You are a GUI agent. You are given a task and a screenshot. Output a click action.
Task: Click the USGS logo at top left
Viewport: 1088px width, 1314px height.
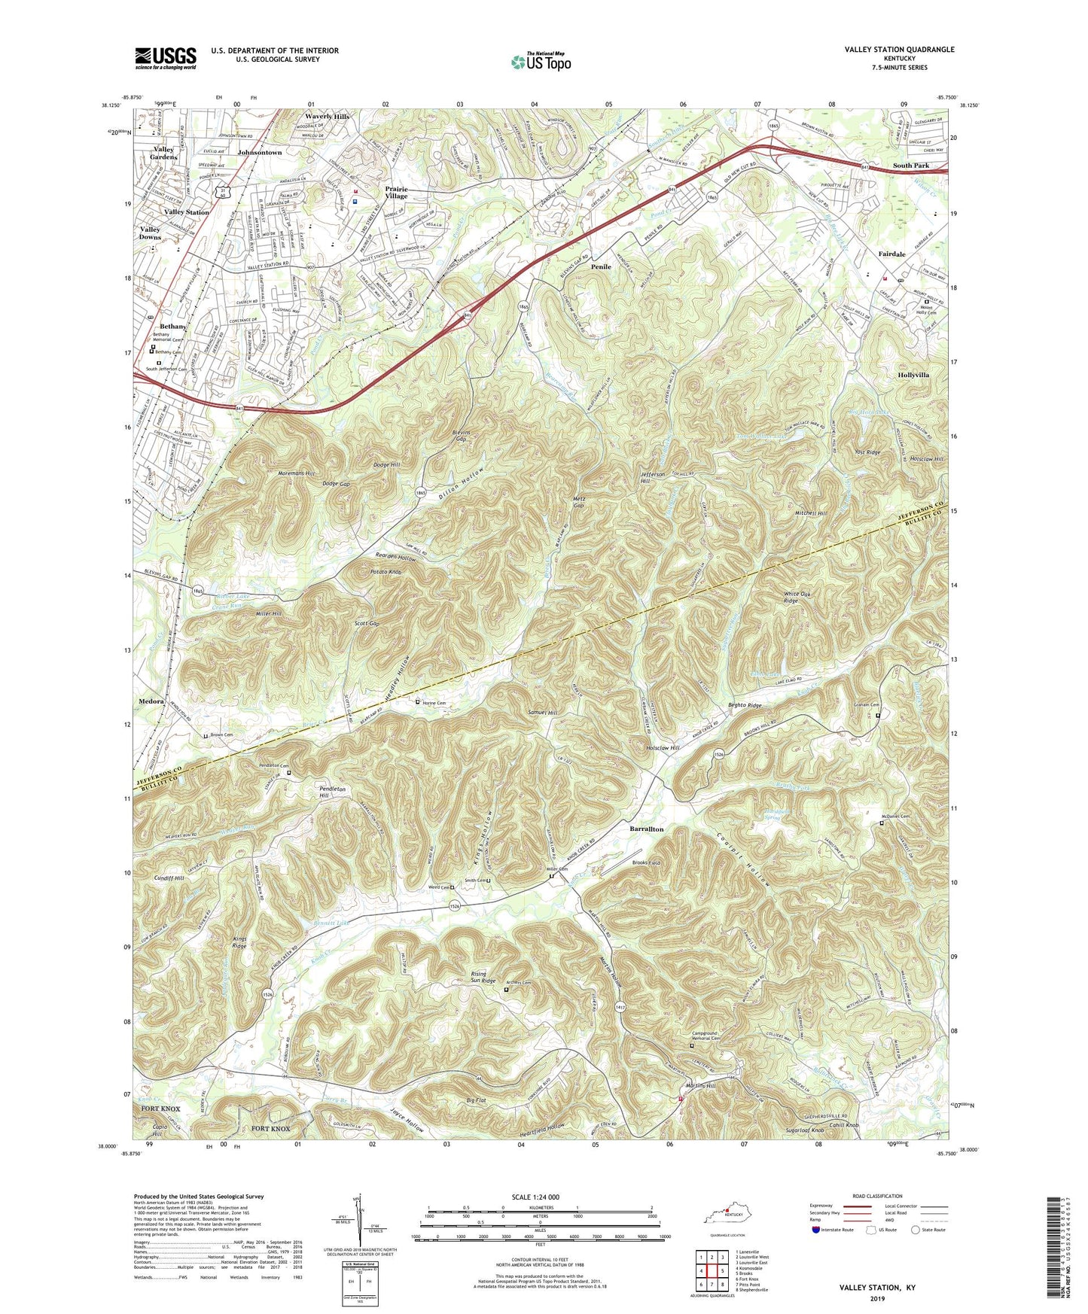click(166, 58)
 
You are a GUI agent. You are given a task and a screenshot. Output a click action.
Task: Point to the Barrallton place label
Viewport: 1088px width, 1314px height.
click(646, 829)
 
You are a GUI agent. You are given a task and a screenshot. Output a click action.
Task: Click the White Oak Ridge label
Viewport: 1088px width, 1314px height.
click(791, 597)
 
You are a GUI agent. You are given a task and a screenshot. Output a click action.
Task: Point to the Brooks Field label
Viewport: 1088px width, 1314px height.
click(646, 862)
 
